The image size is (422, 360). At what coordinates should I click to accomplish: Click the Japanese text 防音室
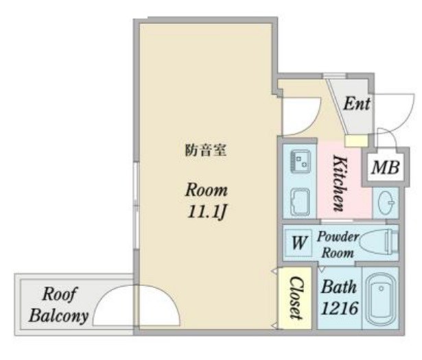pyautogui.click(x=205, y=150)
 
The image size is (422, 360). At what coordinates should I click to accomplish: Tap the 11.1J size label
pyautogui.click(x=207, y=212)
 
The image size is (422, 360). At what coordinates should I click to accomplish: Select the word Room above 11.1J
pyautogui.click(x=207, y=190)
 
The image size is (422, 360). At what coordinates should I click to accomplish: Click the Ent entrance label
pyautogui.click(x=357, y=104)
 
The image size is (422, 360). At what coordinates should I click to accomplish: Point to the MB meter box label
pyautogui.click(x=386, y=167)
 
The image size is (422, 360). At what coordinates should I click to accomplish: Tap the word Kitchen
pyautogui.click(x=339, y=183)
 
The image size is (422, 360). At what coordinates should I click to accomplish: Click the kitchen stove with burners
pyautogui.click(x=301, y=160)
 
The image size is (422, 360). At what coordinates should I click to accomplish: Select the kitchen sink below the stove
pyautogui.click(x=301, y=202)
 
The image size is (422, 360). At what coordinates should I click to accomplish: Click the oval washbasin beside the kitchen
pyautogui.click(x=386, y=201)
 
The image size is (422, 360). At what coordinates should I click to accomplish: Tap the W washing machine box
pyautogui.click(x=298, y=243)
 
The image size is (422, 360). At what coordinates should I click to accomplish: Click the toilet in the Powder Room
pyautogui.click(x=379, y=242)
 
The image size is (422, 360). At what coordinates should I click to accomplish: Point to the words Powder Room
pyautogui.click(x=338, y=245)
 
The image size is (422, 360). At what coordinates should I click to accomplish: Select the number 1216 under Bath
pyautogui.click(x=340, y=308)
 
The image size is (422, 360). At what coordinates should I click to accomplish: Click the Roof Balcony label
pyautogui.click(x=59, y=304)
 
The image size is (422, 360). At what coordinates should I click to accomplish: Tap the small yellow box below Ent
pyautogui.click(x=356, y=141)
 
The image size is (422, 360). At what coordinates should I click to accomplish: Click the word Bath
pyautogui.click(x=339, y=287)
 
